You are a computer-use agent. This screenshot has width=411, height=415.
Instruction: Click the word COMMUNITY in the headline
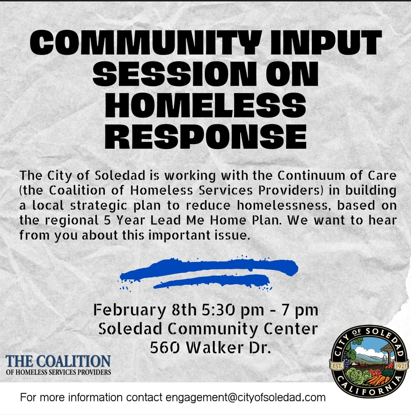tap(146, 43)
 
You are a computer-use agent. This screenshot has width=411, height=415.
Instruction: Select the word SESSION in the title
tap(174, 74)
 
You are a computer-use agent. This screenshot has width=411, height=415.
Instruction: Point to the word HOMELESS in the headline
tap(205, 105)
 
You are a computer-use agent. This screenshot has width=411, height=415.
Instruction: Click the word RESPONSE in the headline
tap(205, 136)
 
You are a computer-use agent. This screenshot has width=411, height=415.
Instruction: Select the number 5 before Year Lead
tap(107, 220)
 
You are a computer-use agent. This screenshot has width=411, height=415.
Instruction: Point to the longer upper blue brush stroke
tap(209, 267)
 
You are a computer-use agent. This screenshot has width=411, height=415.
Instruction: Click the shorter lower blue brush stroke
tap(212, 281)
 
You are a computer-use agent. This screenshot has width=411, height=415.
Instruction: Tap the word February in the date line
tap(130, 310)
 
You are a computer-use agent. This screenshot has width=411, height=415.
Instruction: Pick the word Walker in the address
tap(214, 347)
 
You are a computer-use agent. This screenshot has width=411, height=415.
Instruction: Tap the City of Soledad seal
tap(368, 362)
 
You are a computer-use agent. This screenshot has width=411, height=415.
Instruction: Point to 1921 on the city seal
tap(400, 366)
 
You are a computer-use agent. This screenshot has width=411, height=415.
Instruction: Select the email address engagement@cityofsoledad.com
tap(245, 397)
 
